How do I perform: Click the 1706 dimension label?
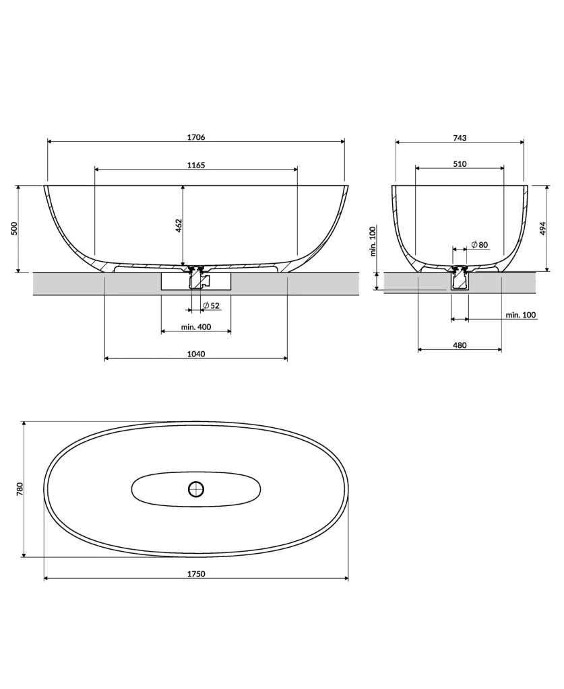(x=196, y=137)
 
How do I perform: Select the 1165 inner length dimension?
(x=196, y=165)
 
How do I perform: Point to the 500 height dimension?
(x=14, y=228)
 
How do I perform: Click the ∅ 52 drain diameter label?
(x=212, y=306)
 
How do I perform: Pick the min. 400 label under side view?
(x=196, y=327)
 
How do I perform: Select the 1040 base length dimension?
(x=196, y=354)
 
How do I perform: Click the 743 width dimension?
(x=460, y=137)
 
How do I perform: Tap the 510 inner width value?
(x=460, y=164)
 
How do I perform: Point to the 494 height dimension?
(x=543, y=228)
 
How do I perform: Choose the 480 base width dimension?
(x=460, y=345)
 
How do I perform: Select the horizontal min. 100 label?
(x=521, y=314)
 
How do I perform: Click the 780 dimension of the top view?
(x=20, y=488)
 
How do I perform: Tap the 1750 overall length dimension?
(x=196, y=574)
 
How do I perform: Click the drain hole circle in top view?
(x=196, y=488)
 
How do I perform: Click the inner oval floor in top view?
(x=155, y=490)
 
